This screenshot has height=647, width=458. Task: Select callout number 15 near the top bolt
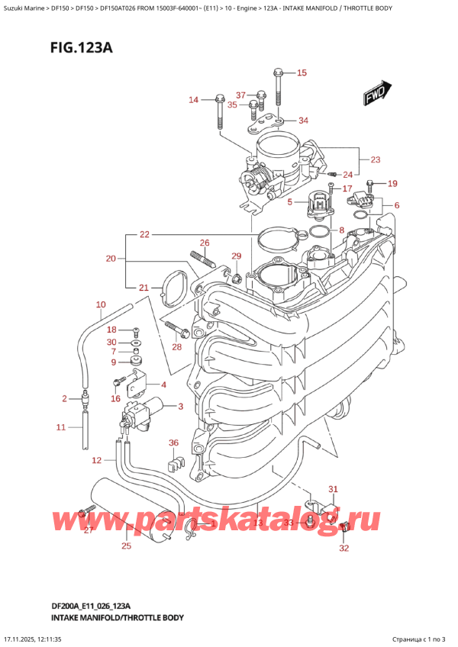301,73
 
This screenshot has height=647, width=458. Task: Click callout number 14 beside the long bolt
193,100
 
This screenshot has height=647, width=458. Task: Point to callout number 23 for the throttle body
375,159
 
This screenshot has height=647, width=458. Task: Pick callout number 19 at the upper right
392,183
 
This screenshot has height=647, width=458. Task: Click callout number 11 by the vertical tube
62,427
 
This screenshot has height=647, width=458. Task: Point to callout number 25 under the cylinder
126,545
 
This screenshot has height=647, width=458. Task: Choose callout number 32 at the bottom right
344,548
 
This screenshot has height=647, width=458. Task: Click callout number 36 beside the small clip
173,443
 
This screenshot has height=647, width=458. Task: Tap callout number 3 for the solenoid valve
180,406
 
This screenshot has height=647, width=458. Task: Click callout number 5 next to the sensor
289,202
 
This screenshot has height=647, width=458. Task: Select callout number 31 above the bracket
332,489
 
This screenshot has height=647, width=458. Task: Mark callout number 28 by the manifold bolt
177,347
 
